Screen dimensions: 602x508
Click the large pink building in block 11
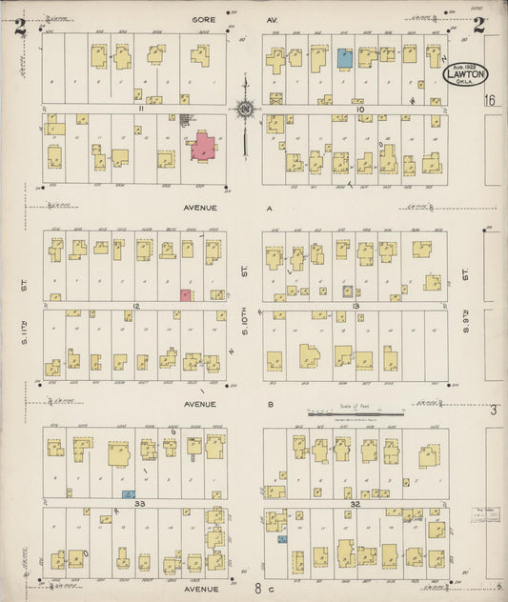tap(204, 145)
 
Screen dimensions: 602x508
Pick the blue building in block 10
tap(345, 57)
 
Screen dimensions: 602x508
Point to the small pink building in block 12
tap(186, 295)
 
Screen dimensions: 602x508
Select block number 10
tap(360, 110)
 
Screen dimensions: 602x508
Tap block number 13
tap(355, 305)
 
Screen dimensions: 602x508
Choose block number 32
tap(356, 502)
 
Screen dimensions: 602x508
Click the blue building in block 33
tap(128, 494)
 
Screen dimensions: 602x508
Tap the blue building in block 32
tap(281, 540)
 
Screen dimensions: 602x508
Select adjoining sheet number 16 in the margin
tap(490, 100)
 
